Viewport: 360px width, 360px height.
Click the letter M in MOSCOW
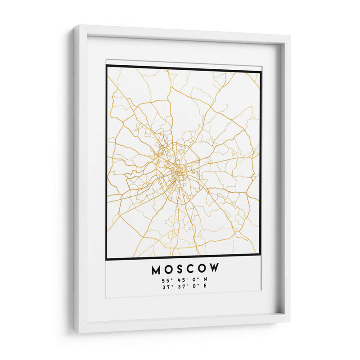click(x=156, y=270)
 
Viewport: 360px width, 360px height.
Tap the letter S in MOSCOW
click(x=180, y=270)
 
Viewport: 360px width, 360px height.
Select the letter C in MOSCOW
click(x=191, y=270)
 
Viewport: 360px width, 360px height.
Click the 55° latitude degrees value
click(x=166, y=281)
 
